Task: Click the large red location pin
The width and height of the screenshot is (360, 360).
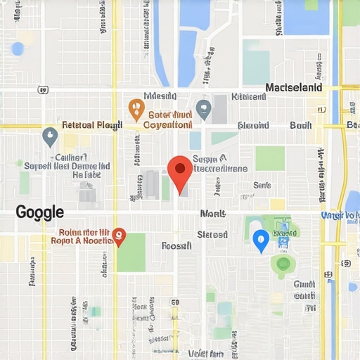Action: pyautogui.click(x=180, y=171)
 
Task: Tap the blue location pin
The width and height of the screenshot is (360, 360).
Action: pyautogui.click(x=261, y=240)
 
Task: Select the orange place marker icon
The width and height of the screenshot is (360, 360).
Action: pyautogui.click(x=136, y=109)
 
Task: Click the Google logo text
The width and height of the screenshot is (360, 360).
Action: pyautogui.click(x=39, y=212)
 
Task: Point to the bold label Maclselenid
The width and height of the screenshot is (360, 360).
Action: pyautogui.click(x=294, y=88)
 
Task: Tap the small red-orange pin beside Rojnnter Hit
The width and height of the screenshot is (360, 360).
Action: pyautogui.click(x=119, y=236)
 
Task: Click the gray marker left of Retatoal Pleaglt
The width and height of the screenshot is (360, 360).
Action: pyautogui.click(x=49, y=136)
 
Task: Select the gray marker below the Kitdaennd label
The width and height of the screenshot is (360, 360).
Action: pyautogui.click(x=203, y=109)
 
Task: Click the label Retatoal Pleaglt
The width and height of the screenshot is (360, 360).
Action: pyautogui.click(x=92, y=125)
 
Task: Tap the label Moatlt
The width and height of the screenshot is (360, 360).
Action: pyautogui.click(x=212, y=213)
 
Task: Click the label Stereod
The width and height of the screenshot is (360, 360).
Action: pyautogui.click(x=212, y=234)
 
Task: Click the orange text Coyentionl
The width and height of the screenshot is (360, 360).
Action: pyautogui.click(x=167, y=124)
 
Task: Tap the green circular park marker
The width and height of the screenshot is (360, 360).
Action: pyautogui.click(x=283, y=264)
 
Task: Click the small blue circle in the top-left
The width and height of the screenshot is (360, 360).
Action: pyautogui.click(x=18, y=49)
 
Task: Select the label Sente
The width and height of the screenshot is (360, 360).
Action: pyautogui.click(x=262, y=185)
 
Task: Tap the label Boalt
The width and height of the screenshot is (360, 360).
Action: pyautogui.click(x=300, y=125)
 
